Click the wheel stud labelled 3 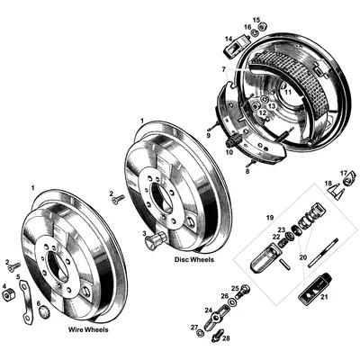150,241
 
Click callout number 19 268,218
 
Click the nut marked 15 264,28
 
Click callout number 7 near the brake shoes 222,68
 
